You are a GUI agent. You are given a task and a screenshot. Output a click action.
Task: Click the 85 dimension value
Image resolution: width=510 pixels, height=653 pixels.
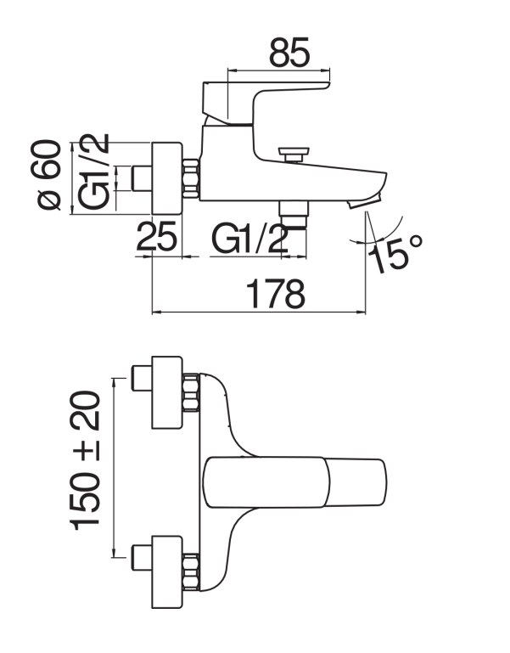[x=289, y=53]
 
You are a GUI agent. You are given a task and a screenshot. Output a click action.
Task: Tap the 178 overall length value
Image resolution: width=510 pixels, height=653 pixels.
[x=276, y=294]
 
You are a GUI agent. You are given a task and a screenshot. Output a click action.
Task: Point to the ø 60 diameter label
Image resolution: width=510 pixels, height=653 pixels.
[x=46, y=174]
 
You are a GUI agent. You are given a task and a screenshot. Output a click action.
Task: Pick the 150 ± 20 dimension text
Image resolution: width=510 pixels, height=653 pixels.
[x=86, y=460]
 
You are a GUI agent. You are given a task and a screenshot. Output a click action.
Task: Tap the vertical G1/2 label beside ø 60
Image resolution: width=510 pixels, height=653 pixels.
[x=94, y=172]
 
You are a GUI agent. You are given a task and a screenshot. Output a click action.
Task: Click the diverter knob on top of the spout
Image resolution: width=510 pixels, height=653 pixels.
[x=294, y=154]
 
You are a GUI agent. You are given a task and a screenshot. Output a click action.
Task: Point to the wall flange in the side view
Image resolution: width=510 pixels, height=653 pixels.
[x=167, y=178]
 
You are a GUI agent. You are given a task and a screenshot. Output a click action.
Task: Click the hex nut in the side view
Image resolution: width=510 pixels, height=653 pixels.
[x=191, y=178]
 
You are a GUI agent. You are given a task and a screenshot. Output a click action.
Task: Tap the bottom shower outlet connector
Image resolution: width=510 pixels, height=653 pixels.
[x=294, y=214]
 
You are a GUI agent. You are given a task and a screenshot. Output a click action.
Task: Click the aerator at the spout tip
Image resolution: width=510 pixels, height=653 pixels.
[x=364, y=202]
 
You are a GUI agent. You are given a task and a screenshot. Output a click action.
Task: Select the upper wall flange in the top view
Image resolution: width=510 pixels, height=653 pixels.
[x=167, y=392]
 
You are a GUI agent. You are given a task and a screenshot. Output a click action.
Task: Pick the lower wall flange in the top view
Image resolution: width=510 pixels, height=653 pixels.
[x=167, y=571]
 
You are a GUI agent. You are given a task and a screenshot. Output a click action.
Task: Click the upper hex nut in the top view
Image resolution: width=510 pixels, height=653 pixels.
[x=191, y=392]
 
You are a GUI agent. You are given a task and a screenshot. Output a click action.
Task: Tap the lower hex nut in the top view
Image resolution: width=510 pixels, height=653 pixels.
[x=191, y=572]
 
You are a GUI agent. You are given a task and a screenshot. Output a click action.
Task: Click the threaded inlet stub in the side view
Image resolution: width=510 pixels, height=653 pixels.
[x=142, y=178]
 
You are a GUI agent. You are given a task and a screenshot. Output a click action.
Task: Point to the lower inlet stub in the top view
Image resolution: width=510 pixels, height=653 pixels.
[x=142, y=558]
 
